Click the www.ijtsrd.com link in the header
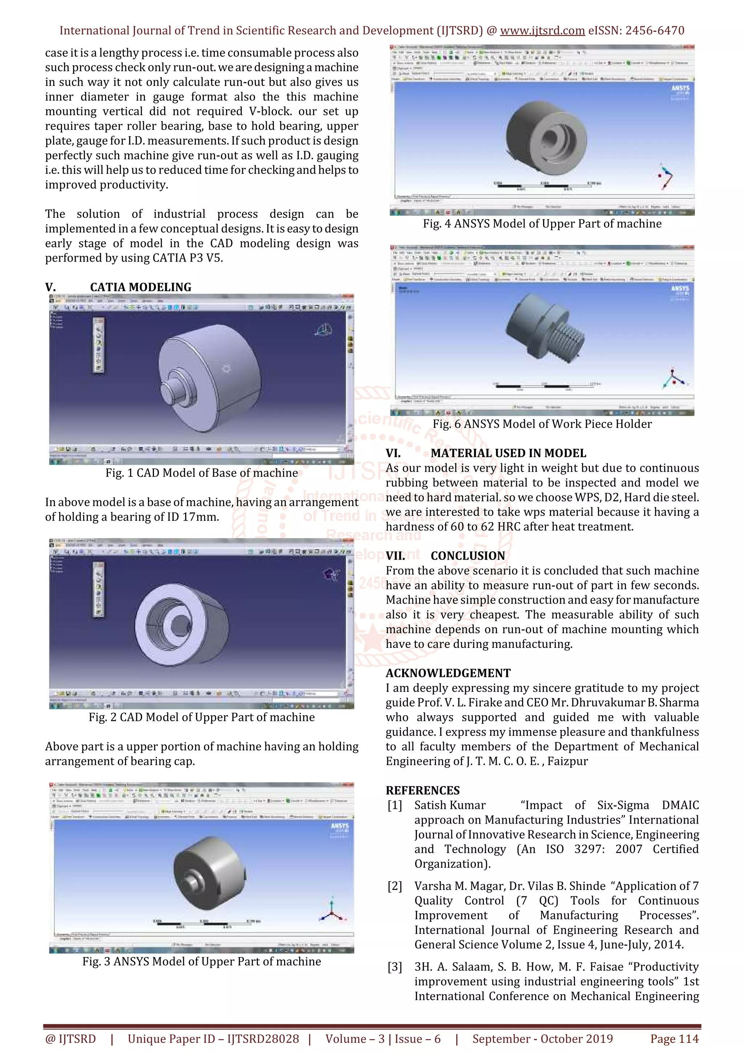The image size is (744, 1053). pyautogui.click(x=542, y=31)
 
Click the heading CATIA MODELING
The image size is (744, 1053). pyautogui.click(x=140, y=287)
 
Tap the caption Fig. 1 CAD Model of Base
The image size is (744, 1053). pyautogui.click(x=201, y=473)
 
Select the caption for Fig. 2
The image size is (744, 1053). pyautogui.click(x=201, y=717)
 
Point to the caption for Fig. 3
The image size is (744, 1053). pyautogui.click(x=201, y=961)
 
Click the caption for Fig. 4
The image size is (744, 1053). pyautogui.click(x=542, y=224)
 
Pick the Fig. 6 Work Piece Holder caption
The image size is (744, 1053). pyautogui.click(x=542, y=424)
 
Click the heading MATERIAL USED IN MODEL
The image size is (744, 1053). pyautogui.click(x=508, y=453)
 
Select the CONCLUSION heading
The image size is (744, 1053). pyautogui.click(x=468, y=556)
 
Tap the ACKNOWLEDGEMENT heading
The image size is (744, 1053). pyautogui.click(x=448, y=673)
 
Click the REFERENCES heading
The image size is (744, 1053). pyautogui.click(x=422, y=791)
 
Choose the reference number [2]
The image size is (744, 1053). pyautogui.click(x=395, y=886)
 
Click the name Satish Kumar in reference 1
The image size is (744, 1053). pyautogui.click(x=450, y=805)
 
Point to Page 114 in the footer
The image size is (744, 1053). pyautogui.click(x=674, y=1039)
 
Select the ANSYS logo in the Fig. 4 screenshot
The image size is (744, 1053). pyautogui.click(x=680, y=88)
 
